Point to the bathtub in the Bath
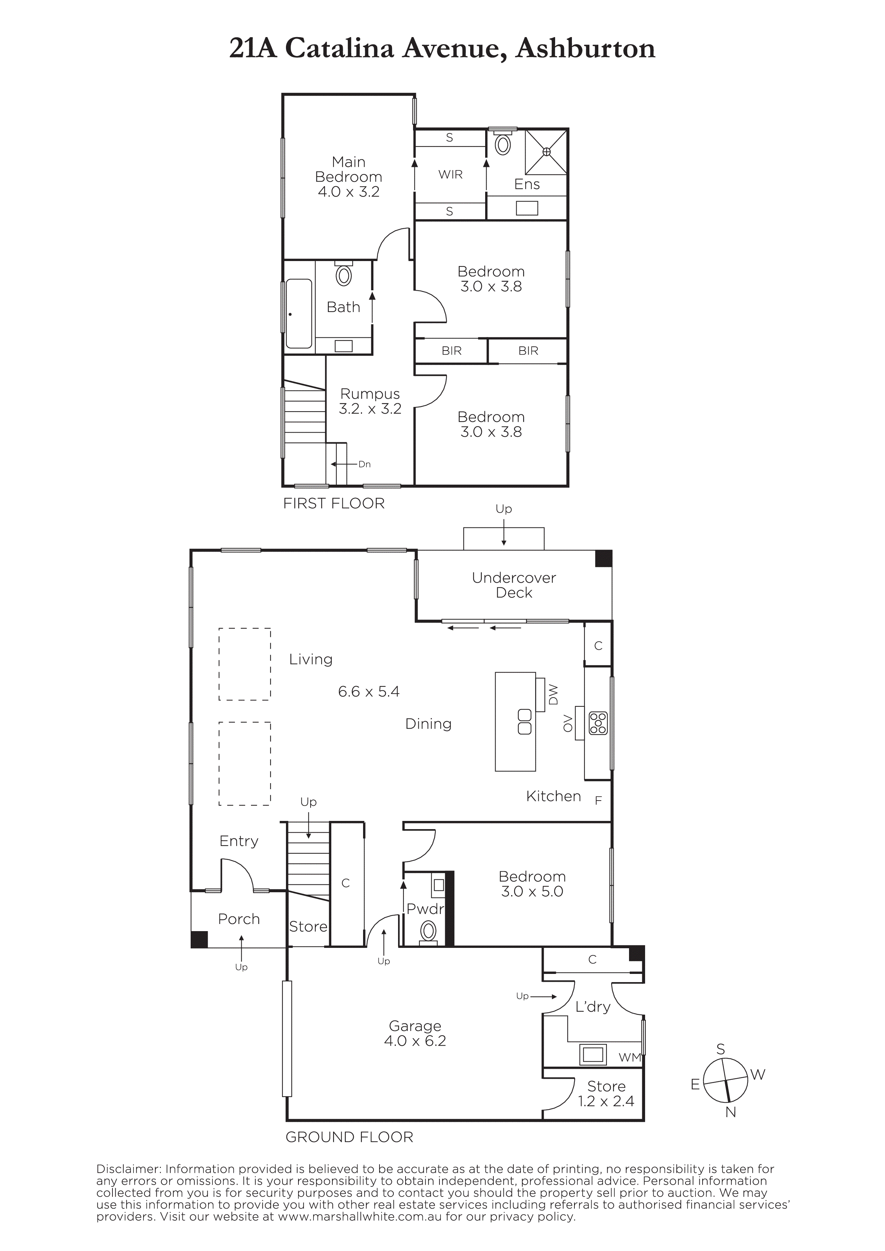coord(299,313)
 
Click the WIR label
coord(451,174)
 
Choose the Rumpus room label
coord(370,394)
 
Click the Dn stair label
coord(364,464)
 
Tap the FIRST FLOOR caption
coord(334,504)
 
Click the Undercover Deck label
coord(514,585)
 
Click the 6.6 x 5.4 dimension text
coord(369,691)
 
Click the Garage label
coord(415,1026)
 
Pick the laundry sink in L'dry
coord(593,1054)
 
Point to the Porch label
coord(239,919)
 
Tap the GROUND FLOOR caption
coord(350,1137)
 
